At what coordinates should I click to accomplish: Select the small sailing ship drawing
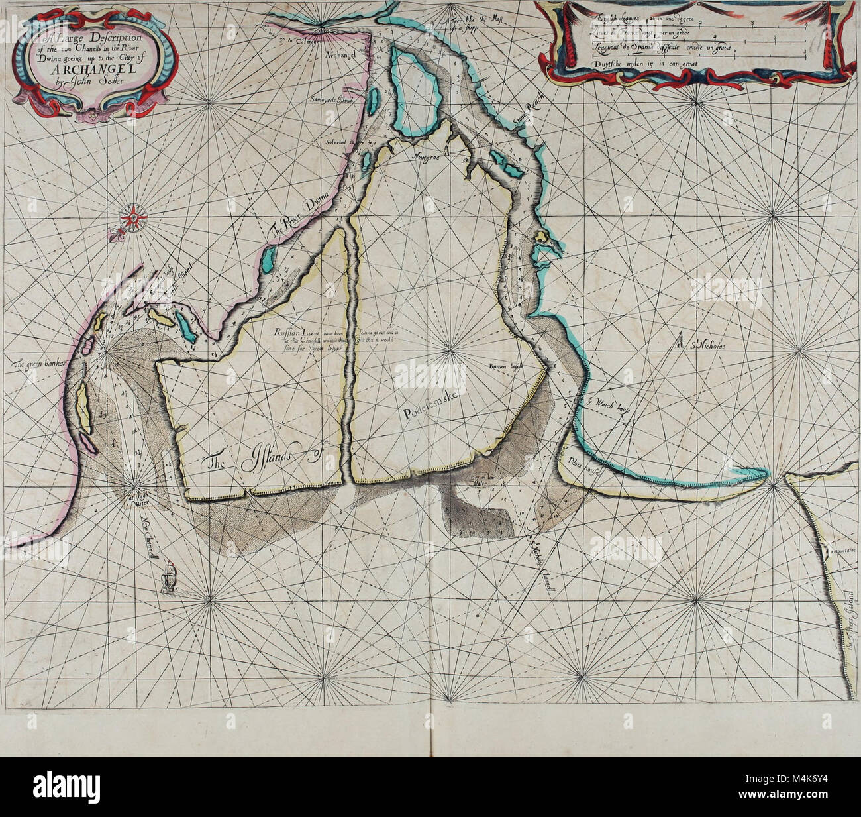[x=170, y=576]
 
